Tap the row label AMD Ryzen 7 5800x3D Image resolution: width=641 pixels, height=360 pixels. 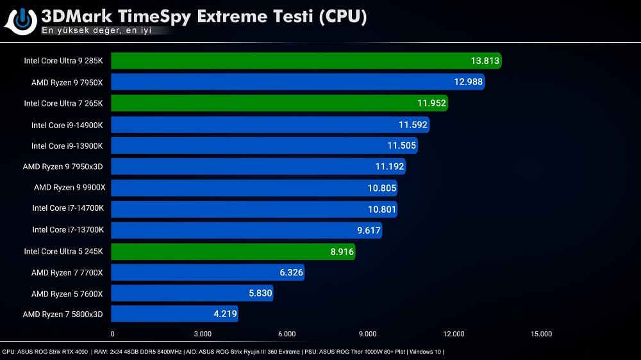coord(63,314)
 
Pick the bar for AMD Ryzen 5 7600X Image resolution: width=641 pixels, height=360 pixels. coord(192,293)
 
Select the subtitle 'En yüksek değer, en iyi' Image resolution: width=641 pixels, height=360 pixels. coord(96,30)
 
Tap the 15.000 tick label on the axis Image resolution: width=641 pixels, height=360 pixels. coord(541,334)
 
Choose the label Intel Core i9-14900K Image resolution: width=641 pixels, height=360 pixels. coord(67,124)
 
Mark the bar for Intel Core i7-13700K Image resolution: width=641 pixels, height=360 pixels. coord(246,230)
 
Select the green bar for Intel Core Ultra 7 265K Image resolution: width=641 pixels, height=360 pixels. coord(279,103)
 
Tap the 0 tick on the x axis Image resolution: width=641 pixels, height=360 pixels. coord(113,334)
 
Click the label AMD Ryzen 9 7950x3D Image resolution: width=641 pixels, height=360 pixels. coord(63,167)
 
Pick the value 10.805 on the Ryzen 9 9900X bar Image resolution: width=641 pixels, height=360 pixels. coord(382,188)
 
